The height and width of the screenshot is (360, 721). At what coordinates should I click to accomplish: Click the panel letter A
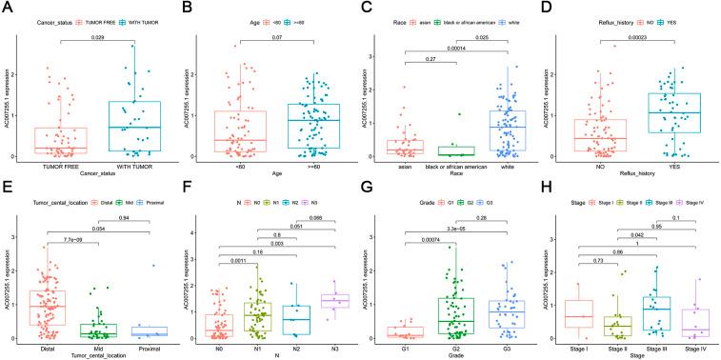point(9,8)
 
